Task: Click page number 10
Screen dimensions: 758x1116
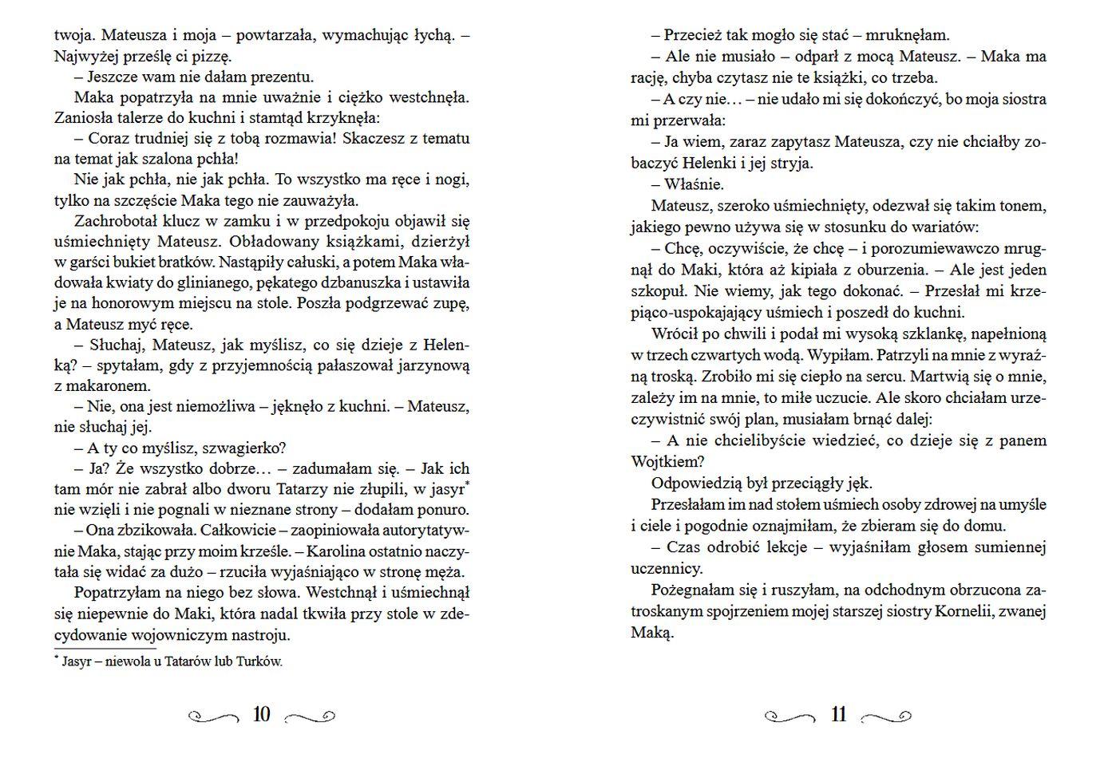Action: pos(262,715)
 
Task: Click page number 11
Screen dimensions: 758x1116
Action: pos(838,715)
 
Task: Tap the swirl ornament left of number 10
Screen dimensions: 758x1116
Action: pos(212,717)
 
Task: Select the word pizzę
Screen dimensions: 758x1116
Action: pos(212,57)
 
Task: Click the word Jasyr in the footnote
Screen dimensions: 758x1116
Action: pos(77,662)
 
